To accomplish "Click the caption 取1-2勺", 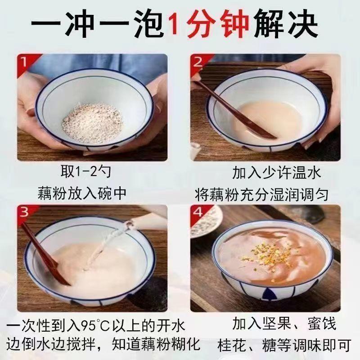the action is tap(85, 171).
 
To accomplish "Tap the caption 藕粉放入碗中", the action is tap(82, 193).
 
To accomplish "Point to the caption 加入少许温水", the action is tap(277, 173).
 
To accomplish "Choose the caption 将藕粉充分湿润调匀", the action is tap(262, 195).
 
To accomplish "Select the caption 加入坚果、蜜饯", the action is tap(284, 323).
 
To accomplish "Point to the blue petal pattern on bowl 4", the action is tap(269, 294).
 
